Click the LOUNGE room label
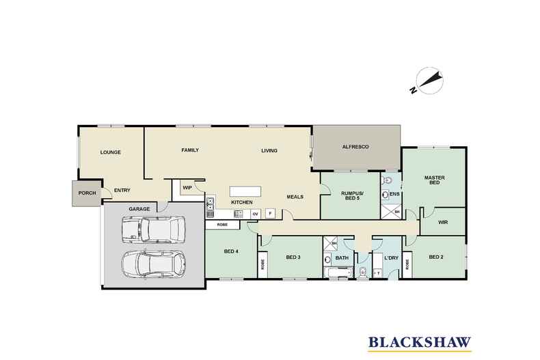tap(110, 152)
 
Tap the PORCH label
tap(87, 193)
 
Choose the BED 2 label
tap(437, 257)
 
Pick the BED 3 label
tap(294, 257)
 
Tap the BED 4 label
tap(232, 251)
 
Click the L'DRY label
tap(391, 258)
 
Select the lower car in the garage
tap(152, 263)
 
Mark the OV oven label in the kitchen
tap(255, 214)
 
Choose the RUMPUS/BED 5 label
tap(351, 197)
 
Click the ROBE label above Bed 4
tap(222, 224)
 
